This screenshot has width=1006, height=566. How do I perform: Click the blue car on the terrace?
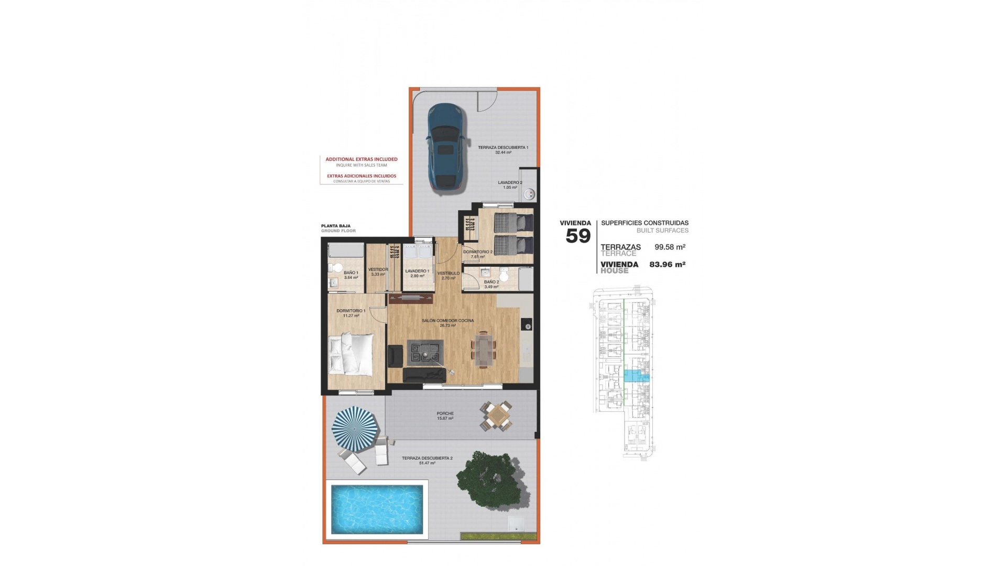[x=444, y=148]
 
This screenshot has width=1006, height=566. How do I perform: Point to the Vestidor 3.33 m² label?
[x=378, y=271]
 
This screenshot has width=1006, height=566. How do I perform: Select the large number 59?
[x=578, y=236]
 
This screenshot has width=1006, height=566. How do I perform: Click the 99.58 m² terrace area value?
[x=670, y=247]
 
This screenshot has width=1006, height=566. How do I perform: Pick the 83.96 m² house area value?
[x=667, y=265]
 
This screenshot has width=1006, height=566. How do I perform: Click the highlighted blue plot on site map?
[x=635, y=375]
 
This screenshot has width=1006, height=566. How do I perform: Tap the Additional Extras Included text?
[x=362, y=159]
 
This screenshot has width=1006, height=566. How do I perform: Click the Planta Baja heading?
[x=336, y=226]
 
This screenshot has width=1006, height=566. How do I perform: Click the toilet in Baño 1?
[x=335, y=267]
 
